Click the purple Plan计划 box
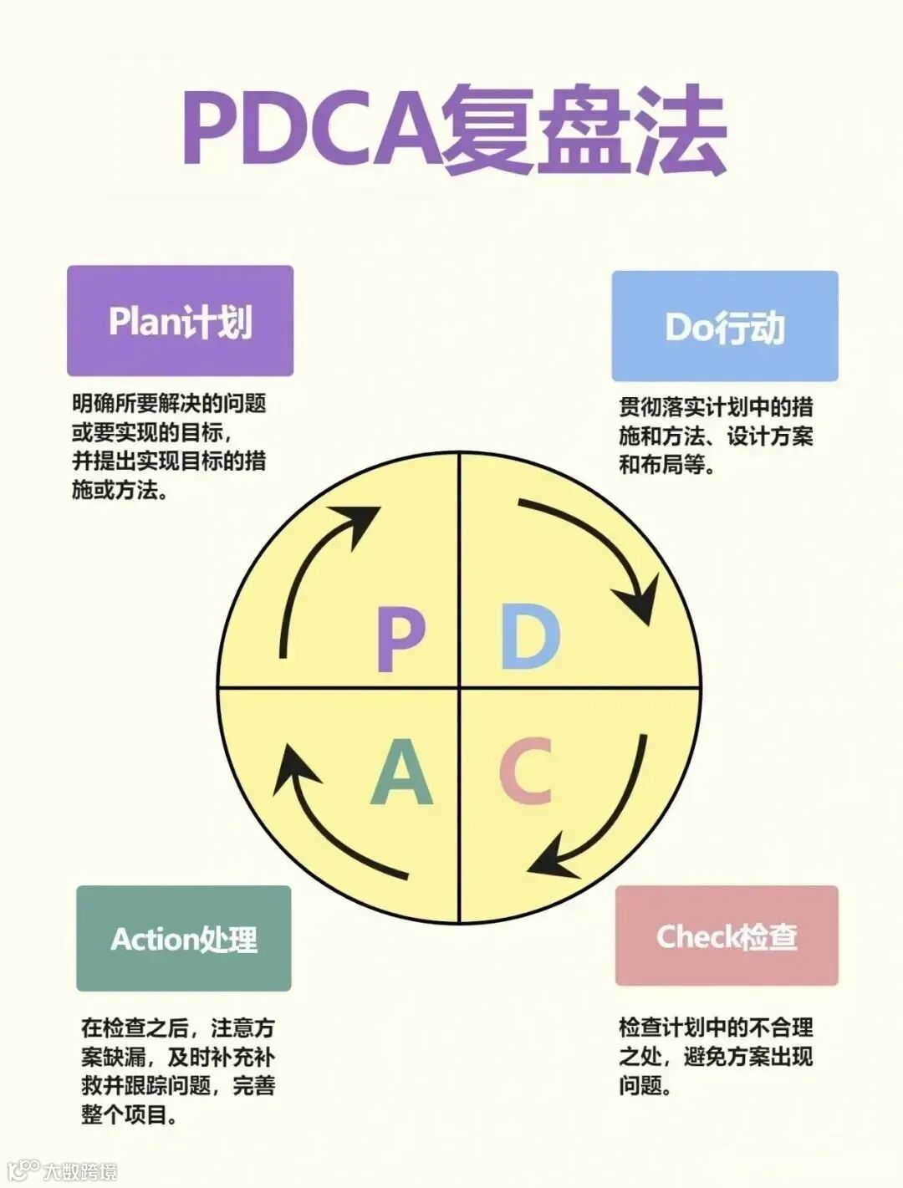tap(180, 321)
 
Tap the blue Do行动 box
tap(724, 326)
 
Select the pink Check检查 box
tap(726, 936)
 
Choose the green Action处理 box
tap(183, 938)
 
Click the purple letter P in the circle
tap(400, 640)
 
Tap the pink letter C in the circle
tap(526, 770)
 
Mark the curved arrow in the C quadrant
tap(609, 823)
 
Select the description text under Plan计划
tap(169, 446)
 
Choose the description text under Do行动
tap(715, 436)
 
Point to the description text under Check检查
tap(715, 1056)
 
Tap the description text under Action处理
tap(177, 1071)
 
